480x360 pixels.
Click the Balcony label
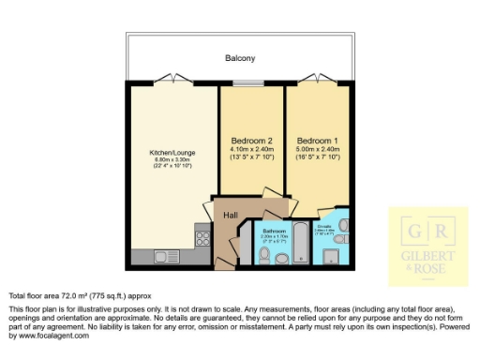pos(240,58)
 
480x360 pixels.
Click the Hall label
pos(230,215)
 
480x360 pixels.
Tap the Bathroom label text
pos(274,230)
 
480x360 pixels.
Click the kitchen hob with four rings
pos(202,235)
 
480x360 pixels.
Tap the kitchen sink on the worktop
pos(167,256)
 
